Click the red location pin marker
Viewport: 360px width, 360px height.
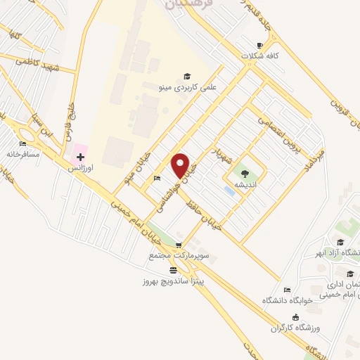pyautogui.click(x=181, y=166)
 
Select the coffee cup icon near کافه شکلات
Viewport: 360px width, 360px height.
pyautogui.click(x=261, y=46)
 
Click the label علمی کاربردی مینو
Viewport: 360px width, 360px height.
pyautogui.click(x=187, y=86)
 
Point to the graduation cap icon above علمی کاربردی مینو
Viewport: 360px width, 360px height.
pyautogui.click(x=187, y=76)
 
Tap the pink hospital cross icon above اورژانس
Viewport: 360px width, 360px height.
pyautogui.click(x=81, y=156)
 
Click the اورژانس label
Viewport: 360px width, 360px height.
pyautogui.click(x=81, y=169)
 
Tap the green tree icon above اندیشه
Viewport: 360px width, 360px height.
pyautogui.click(x=244, y=174)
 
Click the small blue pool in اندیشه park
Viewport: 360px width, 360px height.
pyautogui.click(x=230, y=190)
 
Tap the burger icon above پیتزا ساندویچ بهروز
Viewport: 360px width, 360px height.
pyautogui.click(x=173, y=270)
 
